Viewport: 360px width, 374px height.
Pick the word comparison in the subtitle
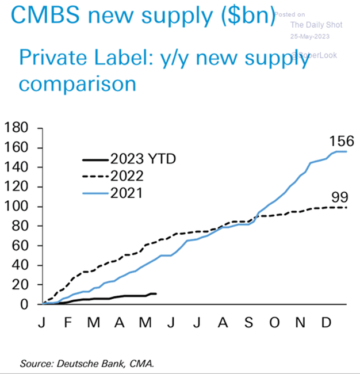point(78,84)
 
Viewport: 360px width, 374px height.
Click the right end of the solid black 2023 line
point(156,293)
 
